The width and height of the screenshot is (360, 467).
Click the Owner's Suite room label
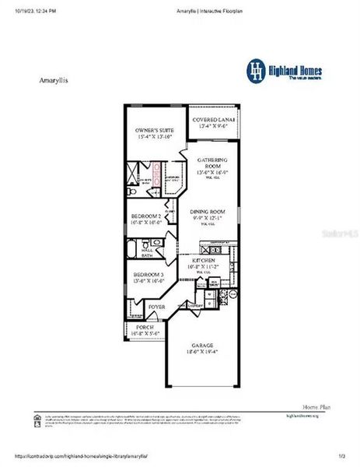[x=155, y=130]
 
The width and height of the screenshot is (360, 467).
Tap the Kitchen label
[x=204, y=261]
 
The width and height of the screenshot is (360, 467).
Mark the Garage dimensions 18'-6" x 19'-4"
[x=203, y=352]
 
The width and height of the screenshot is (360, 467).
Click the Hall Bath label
[x=146, y=251]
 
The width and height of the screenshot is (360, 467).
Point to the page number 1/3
[x=342, y=456]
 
